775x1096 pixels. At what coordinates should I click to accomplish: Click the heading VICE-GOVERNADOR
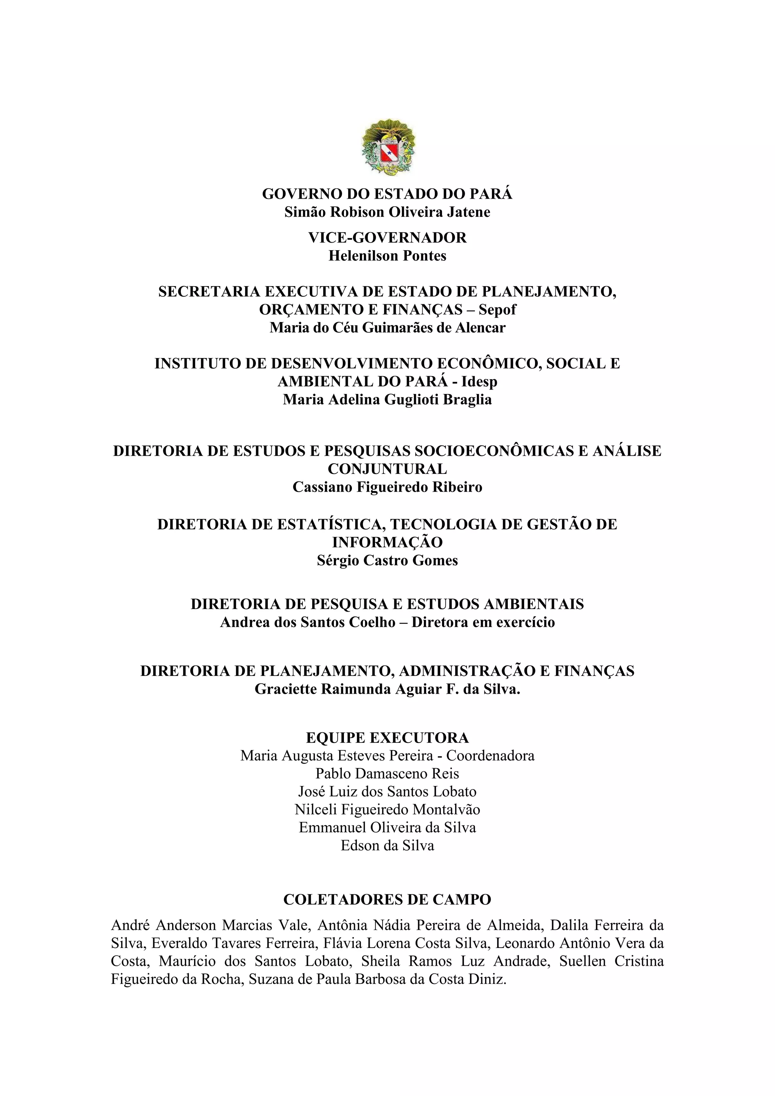pyautogui.click(x=387, y=238)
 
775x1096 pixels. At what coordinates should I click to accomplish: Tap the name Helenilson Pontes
pyautogui.click(x=387, y=256)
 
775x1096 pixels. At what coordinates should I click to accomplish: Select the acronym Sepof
pyautogui.click(x=497, y=310)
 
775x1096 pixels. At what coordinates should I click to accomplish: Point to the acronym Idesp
pyautogui.click(x=479, y=382)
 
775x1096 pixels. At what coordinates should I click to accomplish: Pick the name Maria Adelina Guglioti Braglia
pyautogui.click(x=387, y=400)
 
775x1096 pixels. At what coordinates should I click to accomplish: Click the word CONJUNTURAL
pyautogui.click(x=387, y=469)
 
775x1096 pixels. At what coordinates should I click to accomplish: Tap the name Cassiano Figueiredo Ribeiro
pyautogui.click(x=387, y=487)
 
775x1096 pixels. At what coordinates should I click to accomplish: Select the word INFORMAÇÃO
pyautogui.click(x=387, y=542)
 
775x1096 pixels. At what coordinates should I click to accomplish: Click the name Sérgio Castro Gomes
pyautogui.click(x=387, y=560)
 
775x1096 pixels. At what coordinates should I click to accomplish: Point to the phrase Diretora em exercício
pyautogui.click(x=483, y=623)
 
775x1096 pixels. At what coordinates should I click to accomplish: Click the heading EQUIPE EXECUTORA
pyautogui.click(x=387, y=738)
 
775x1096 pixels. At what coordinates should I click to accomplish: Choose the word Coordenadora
pyautogui.click(x=490, y=756)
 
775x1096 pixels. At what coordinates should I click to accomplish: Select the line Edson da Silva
pyautogui.click(x=387, y=845)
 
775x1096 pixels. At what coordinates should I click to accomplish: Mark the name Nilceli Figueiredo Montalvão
pyautogui.click(x=387, y=810)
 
